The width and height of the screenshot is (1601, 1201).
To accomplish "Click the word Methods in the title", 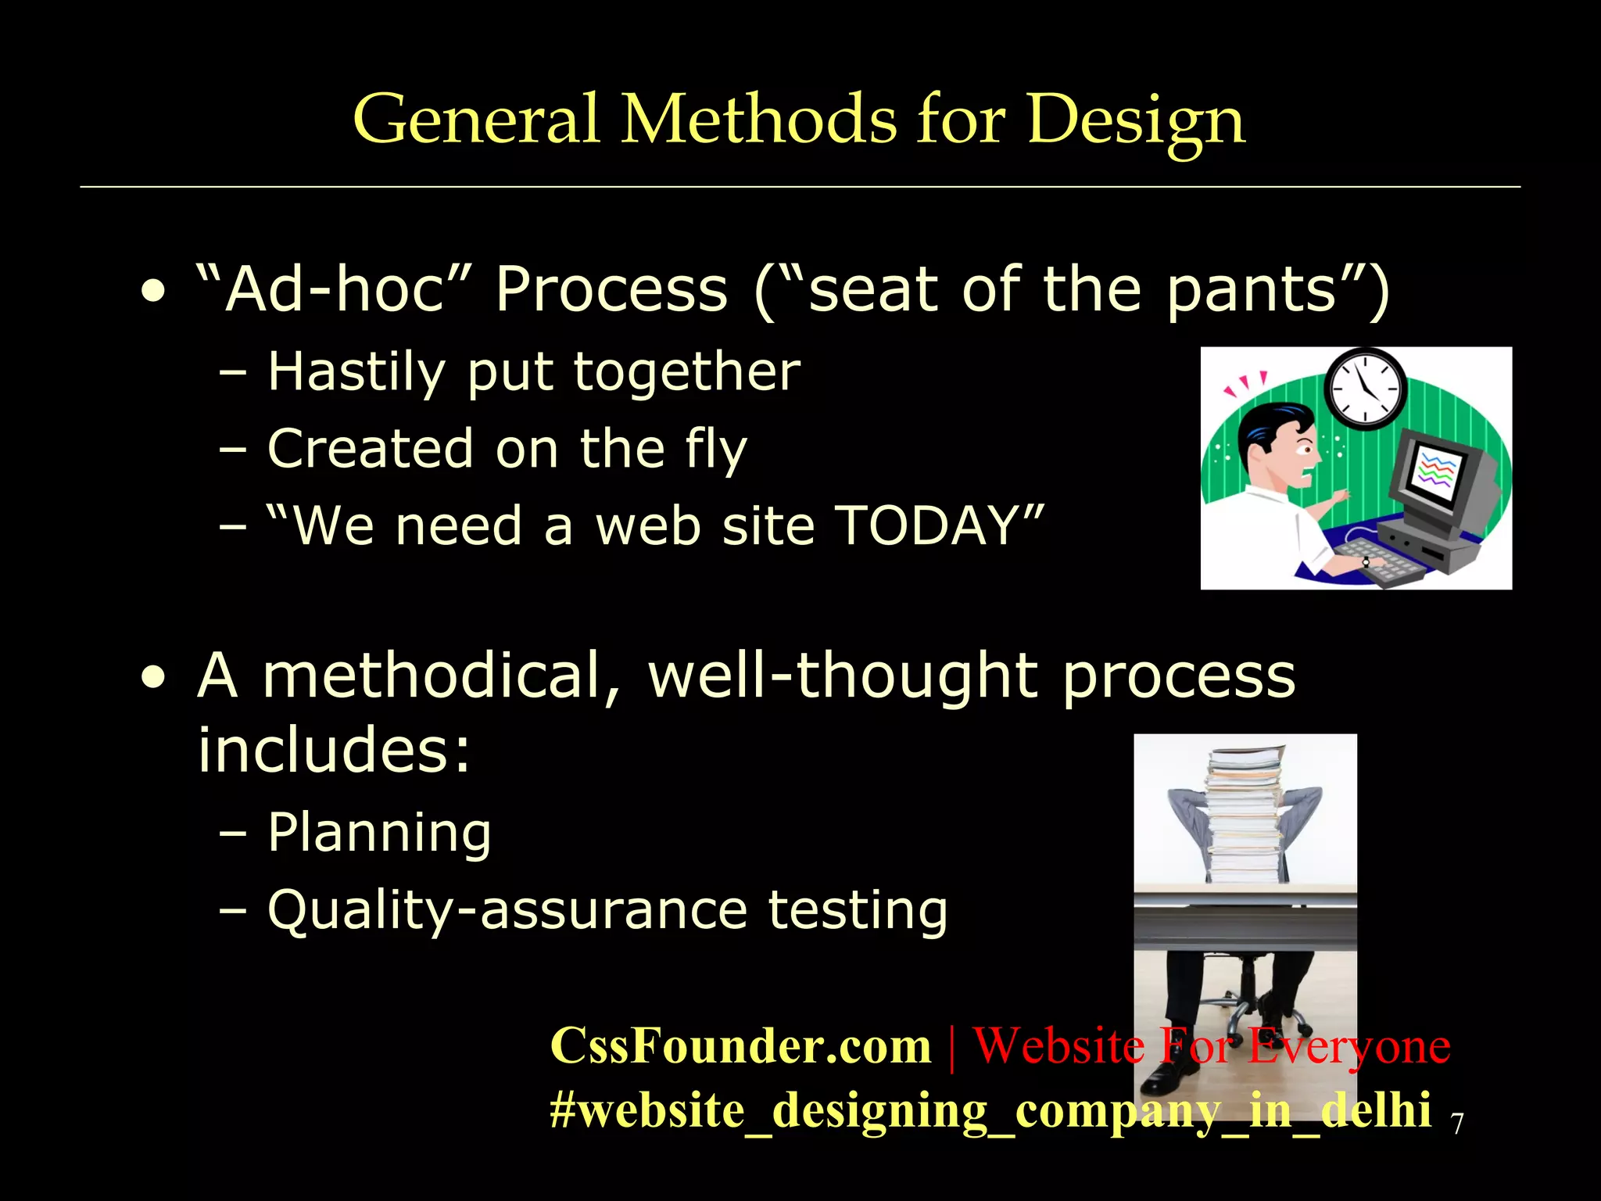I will [758, 120].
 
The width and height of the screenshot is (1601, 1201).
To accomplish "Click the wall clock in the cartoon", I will [1365, 388].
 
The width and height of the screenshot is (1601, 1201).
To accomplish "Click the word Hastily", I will [356, 371].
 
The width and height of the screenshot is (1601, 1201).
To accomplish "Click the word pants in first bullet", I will [1251, 289].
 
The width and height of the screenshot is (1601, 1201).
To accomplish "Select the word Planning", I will [379, 833].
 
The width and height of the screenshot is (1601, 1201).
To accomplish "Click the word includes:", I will [334, 749].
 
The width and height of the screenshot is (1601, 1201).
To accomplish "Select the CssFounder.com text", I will [740, 1046].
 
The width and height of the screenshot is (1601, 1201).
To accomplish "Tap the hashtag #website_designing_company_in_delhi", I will [990, 1110].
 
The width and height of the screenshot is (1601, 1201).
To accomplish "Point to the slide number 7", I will [1456, 1124].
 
